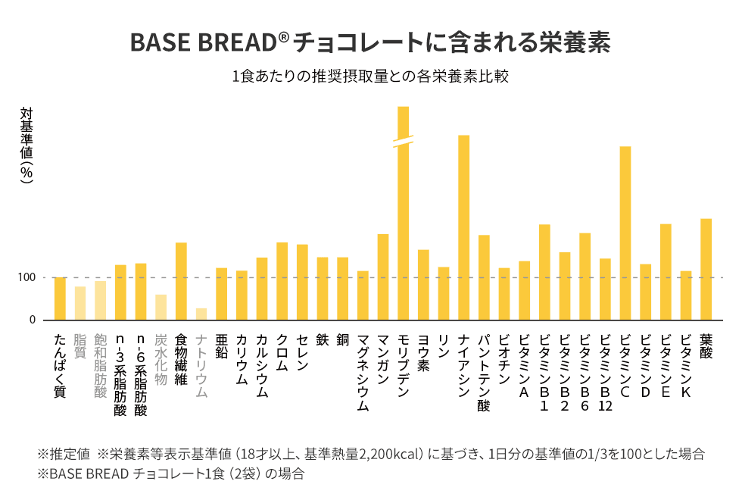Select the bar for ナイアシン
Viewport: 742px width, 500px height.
click(463, 227)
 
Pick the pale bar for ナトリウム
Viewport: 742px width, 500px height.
click(201, 314)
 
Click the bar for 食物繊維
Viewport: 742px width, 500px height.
click(181, 281)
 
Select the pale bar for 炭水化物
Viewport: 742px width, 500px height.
click(161, 307)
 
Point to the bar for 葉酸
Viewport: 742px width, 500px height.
click(706, 269)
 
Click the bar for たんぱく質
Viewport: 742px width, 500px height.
click(60, 298)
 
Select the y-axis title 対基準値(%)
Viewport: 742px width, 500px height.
click(27, 144)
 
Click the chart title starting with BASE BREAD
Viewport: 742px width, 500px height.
click(370, 42)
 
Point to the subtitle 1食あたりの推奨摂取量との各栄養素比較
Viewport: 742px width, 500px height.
click(370, 77)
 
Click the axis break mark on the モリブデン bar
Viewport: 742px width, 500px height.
click(403, 141)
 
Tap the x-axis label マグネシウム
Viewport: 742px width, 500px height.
click(363, 372)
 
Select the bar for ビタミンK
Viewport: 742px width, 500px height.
click(685, 295)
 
